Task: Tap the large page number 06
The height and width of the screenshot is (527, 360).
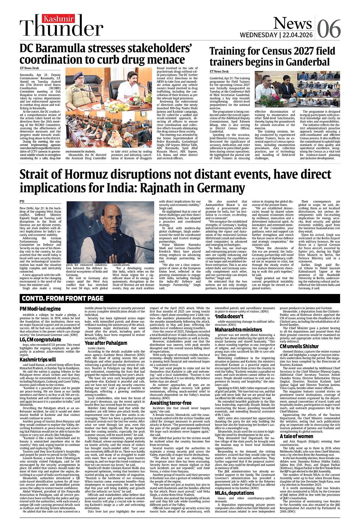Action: [329, 29]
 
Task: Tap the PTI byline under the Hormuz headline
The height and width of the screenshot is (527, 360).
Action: [22, 201]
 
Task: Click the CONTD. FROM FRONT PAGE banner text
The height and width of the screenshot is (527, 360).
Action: [63, 298]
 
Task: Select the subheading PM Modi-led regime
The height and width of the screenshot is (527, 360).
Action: [40, 308]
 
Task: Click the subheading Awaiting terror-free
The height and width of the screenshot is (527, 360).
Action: [171, 403]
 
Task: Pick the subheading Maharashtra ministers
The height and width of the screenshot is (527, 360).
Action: [238, 330]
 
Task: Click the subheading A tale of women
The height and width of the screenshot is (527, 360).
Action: [296, 436]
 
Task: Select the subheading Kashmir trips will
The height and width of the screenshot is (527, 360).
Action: [38, 360]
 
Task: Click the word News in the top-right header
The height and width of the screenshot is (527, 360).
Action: [292, 23]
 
